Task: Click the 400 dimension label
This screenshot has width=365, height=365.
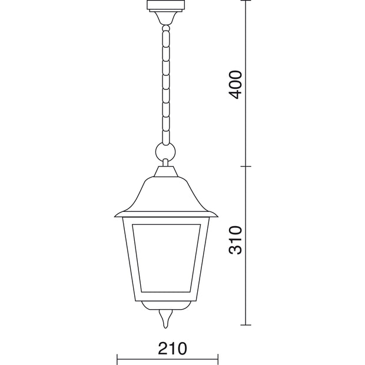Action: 235,85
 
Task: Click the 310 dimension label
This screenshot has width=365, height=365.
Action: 235,240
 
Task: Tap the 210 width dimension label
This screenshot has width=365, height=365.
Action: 172,349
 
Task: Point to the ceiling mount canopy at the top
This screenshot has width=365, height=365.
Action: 166,12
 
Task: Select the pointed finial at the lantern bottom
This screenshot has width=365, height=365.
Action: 165,318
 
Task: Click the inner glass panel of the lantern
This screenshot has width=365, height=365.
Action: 166,258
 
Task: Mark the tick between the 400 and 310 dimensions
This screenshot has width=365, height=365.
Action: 246,166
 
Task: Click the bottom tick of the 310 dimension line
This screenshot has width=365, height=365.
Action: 246,325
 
